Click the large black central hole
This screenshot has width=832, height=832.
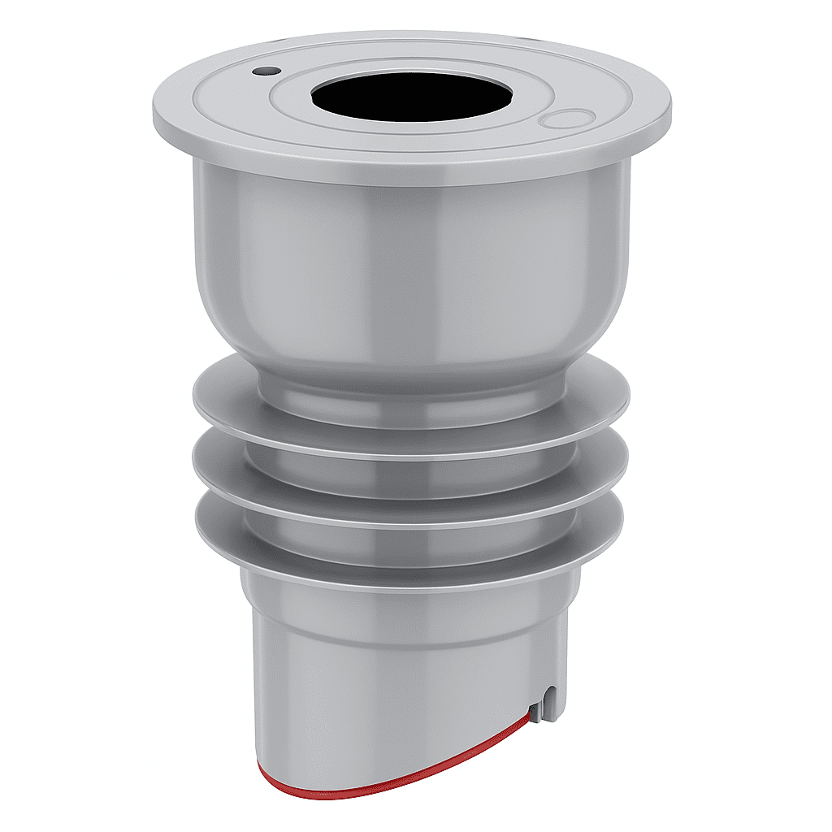[411, 96]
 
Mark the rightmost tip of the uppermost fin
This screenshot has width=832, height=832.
[628, 398]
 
